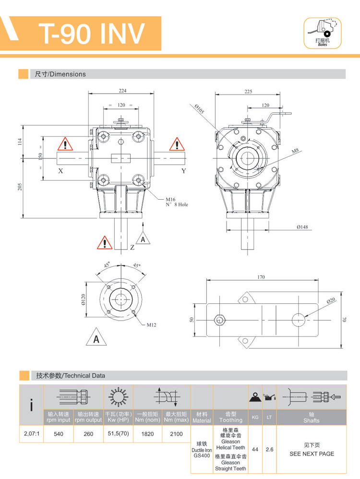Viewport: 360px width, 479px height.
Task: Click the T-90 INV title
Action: (91, 32)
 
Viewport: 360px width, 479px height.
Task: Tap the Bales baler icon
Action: (322, 33)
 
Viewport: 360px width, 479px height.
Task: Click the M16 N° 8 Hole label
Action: (177, 202)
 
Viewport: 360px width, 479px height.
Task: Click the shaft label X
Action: (60, 170)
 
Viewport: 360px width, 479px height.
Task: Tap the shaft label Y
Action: (183, 170)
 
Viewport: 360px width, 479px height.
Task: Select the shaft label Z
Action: (132, 247)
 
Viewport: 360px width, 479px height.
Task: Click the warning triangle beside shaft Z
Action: (104, 243)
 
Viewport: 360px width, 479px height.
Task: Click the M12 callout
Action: (152, 325)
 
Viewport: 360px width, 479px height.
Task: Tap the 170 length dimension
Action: (261, 277)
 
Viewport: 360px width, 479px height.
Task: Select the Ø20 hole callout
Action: (331, 301)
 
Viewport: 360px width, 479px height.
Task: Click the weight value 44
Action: (255, 449)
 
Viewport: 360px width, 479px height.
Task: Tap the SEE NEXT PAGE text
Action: (312, 453)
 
